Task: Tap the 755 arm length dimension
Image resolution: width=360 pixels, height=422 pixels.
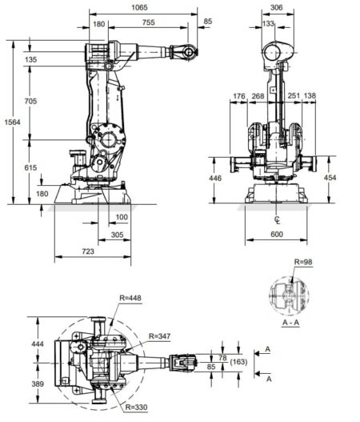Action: (x=148, y=25)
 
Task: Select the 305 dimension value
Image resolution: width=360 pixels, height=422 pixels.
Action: (x=117, y=235)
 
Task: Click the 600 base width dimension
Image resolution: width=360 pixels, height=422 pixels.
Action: (x=276, y=234)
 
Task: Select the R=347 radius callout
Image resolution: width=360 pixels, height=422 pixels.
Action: (x=158, y=335)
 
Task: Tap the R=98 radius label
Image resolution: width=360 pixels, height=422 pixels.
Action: (x=304, y=262)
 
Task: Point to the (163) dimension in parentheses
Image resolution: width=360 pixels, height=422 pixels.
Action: (x=236, y=363)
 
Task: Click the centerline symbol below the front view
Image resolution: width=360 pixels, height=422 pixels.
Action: (x=276, y=219)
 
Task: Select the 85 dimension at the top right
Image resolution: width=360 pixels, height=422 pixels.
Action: (x=209, y=21)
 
